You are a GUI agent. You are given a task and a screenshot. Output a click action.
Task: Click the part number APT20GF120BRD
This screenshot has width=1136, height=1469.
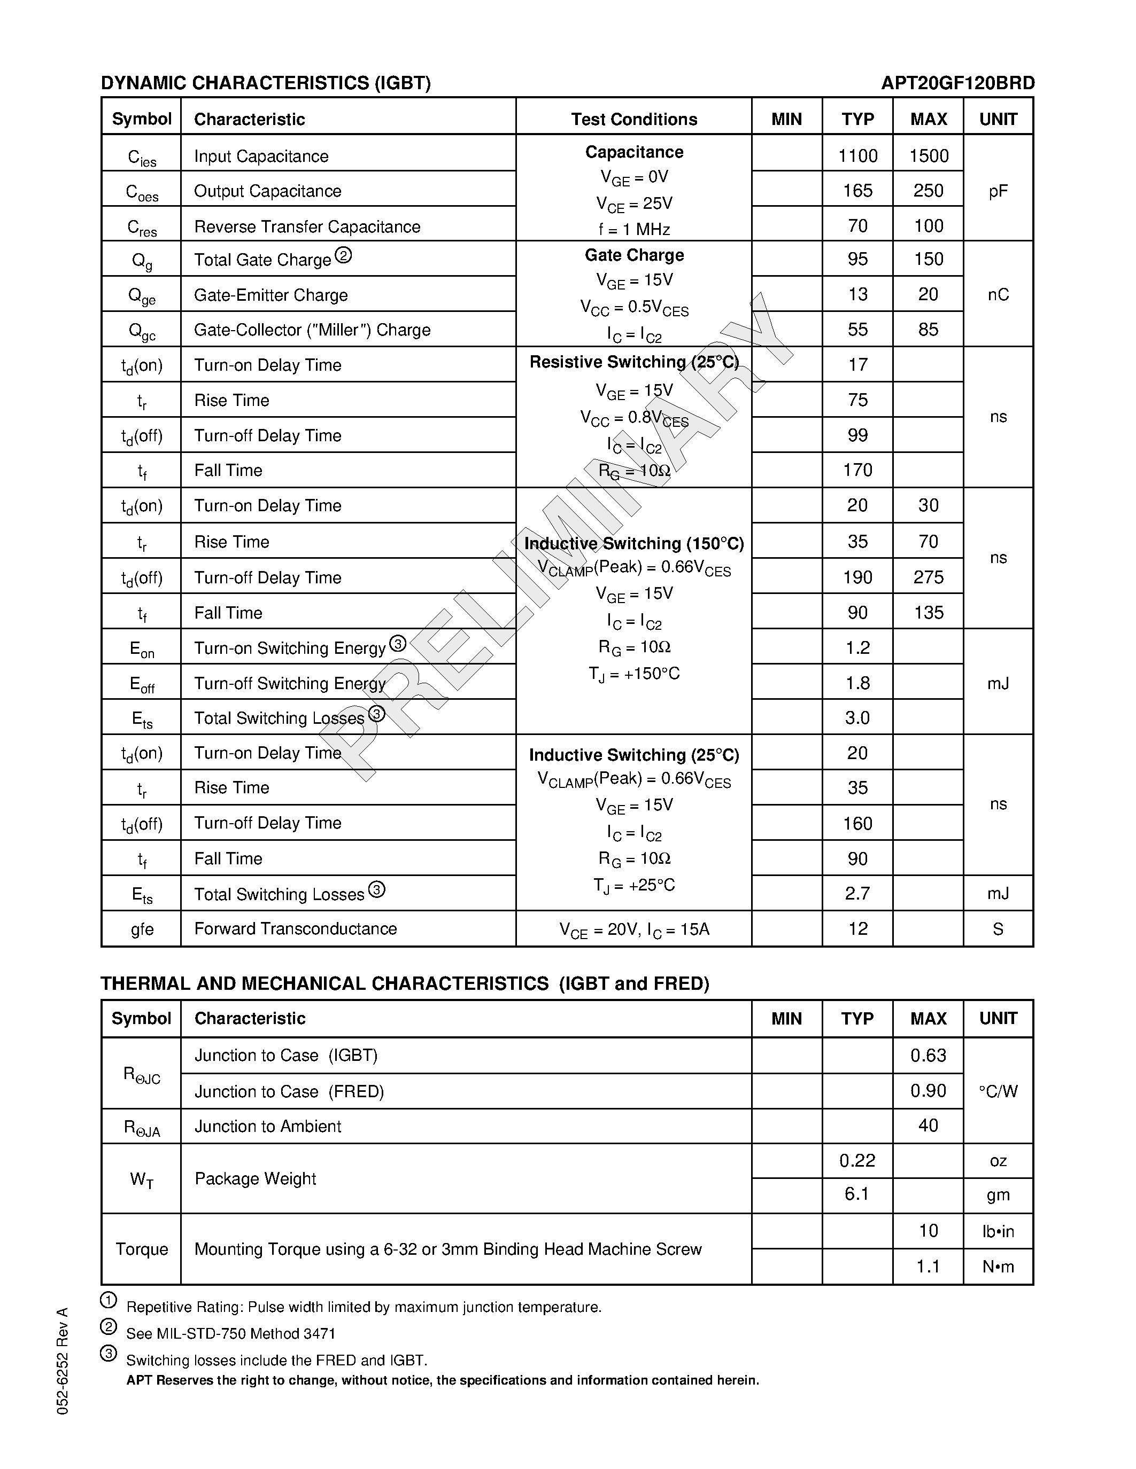pyautogui.click(x=957, y=83)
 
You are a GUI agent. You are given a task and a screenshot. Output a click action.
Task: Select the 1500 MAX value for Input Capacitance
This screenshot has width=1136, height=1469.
pyautogui.click(x=928, y=156)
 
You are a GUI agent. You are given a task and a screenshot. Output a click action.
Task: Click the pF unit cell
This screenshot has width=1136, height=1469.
pyautogui.click(x=998, y=191)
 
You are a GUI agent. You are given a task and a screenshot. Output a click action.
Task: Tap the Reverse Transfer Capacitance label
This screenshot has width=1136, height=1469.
pyautogui.click(x=307, y=226)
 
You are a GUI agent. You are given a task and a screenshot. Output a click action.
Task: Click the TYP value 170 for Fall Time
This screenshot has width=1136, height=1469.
pyautogui.click(x=857, y=470)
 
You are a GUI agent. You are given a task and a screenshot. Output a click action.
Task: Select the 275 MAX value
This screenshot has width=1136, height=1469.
pyautogui.click(x=928, y=577)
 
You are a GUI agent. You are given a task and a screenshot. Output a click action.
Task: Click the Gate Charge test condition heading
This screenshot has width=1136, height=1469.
pyautogui.click(x=634, y=255)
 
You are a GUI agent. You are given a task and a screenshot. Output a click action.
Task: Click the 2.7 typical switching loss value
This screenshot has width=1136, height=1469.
pyautogui.click(x=857, y=893)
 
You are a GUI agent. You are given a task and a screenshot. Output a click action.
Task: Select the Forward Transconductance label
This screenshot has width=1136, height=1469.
pyautogui.click(x=296, y=929)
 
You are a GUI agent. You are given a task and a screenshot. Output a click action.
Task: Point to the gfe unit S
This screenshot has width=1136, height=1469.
pyautogui.click(x=998, y=929)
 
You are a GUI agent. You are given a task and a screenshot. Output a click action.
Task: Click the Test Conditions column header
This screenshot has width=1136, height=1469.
pyautogui.click(x=634, y=119)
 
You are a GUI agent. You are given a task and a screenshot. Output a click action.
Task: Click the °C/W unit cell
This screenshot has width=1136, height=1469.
pyautogui.click(x=998, y=1091)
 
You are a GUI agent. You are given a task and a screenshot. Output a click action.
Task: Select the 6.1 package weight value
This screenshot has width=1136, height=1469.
pyautogui.click(x=857, y=1194)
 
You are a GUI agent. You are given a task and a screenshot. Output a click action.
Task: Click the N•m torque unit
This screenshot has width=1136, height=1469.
pyautogui.click(x=998, y=1267)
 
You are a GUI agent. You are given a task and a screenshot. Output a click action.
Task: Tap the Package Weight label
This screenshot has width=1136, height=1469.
pyautogui.click(x=255, y=1178)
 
